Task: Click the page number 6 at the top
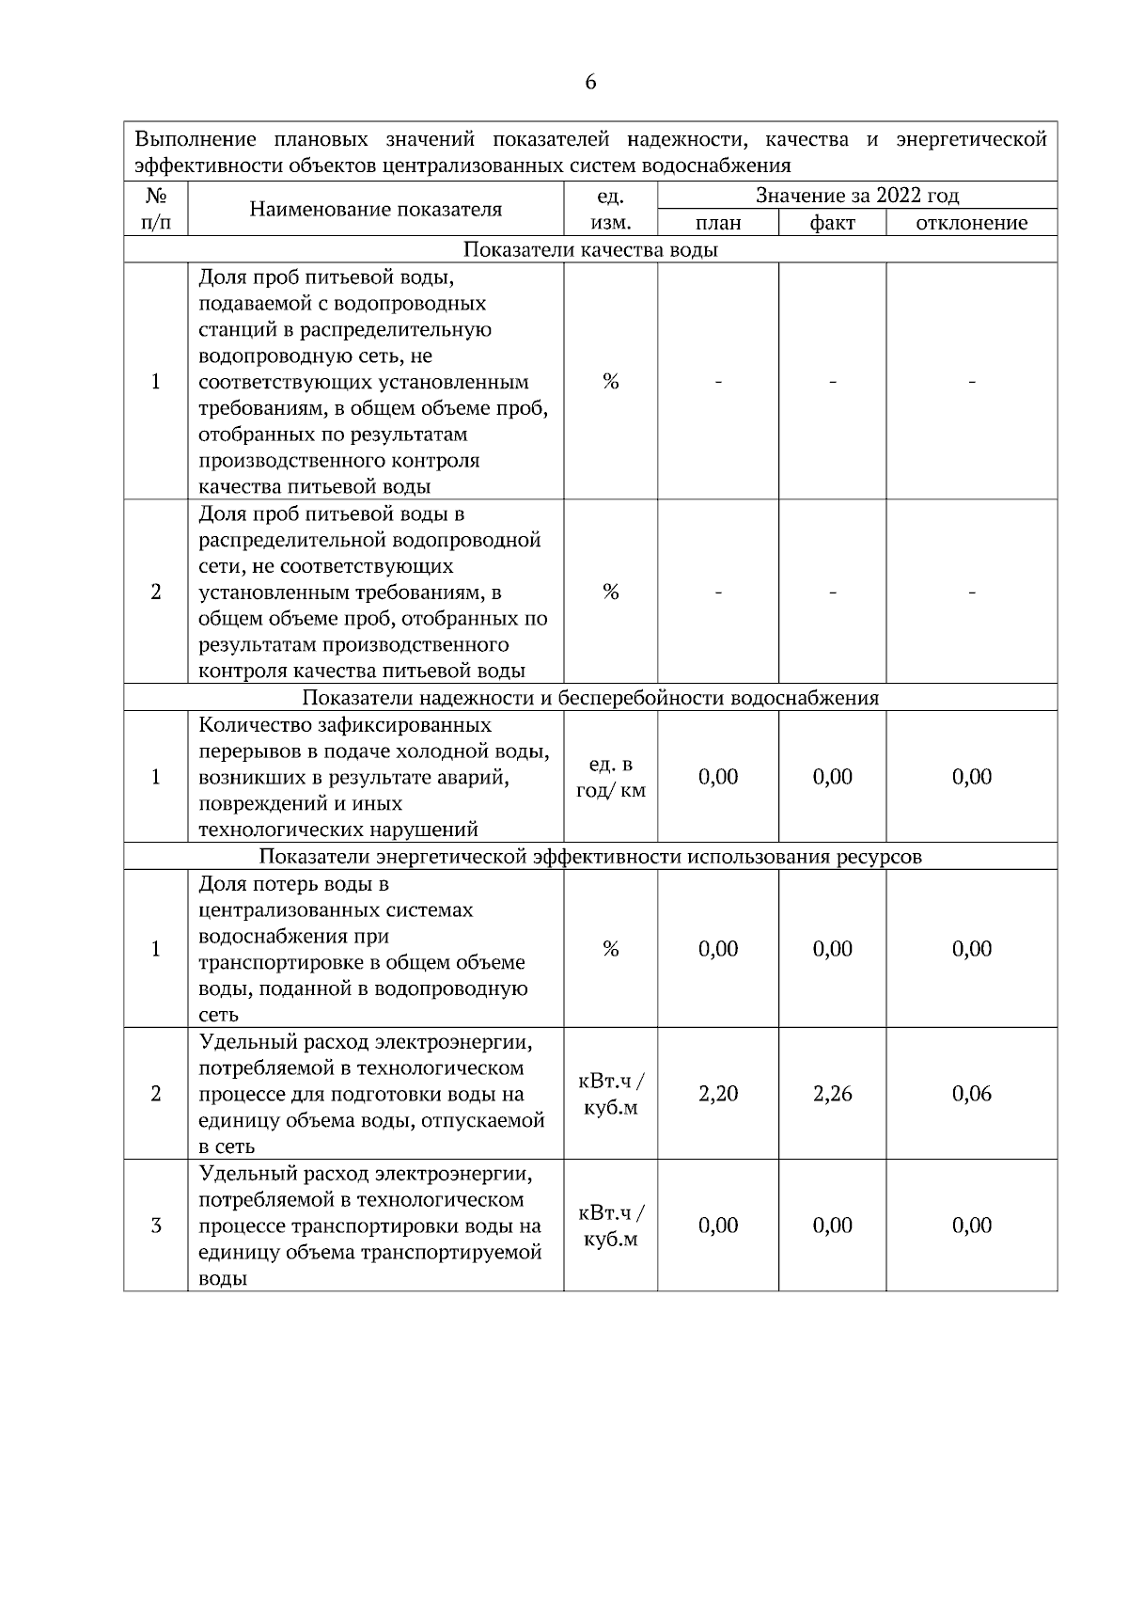[x=590, y=83]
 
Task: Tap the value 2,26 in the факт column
[x=833, y=1094]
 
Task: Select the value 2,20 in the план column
[x=718, y=1094]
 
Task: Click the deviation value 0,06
[x=972, y=1094]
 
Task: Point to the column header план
[x=718, y=223]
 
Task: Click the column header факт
[x=833, y=223]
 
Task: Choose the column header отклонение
[x=972, y=223]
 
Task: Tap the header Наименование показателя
[x=376, y=209]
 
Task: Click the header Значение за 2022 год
[x=857, y=196]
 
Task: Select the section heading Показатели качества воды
[x=590, y=249]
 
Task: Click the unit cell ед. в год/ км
[x=611, y=777]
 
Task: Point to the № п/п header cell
[x=156, y=209]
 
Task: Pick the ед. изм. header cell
[x=611, y=209]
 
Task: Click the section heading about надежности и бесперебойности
[x=590, y=698]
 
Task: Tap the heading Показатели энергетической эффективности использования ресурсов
[x=590, y=857]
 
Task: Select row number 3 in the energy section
[x=156, y=1225]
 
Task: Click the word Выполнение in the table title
[x=196, y=140]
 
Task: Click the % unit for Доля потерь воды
[x=611, y=949]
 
